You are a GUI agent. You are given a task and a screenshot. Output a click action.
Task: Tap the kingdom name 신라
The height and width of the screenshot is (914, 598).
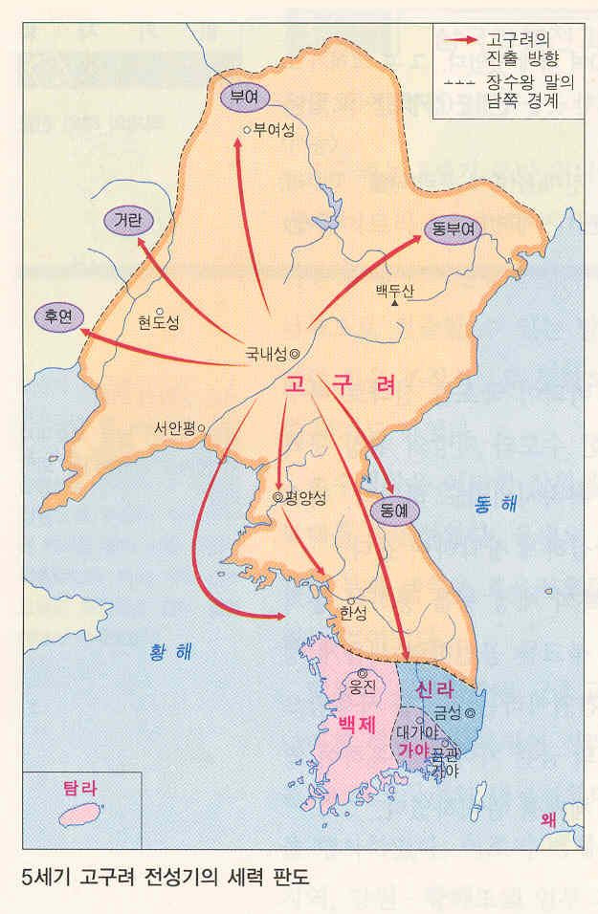(438, 689)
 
